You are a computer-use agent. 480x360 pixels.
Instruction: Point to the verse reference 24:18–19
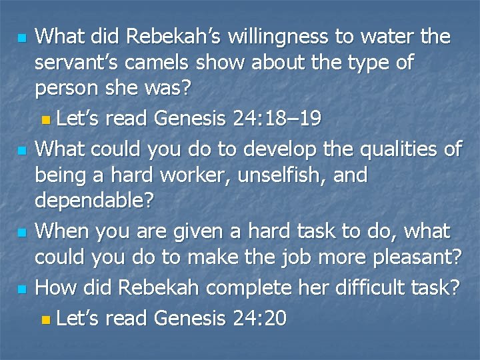click(277, 119)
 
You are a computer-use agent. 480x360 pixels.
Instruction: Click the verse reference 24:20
click(260, 319)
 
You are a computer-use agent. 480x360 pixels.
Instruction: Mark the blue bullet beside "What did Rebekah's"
click(22, 37)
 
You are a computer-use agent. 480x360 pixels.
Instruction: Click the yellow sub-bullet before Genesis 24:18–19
click(45, 121)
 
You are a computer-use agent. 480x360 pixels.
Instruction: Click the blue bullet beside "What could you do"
click(22, 151)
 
